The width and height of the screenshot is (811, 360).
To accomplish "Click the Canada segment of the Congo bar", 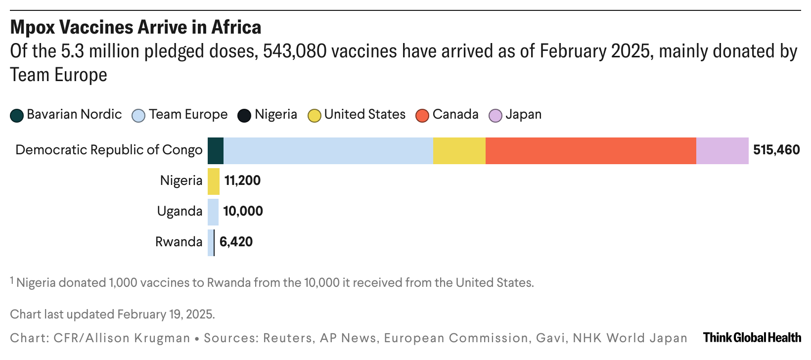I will (x=590, y=150).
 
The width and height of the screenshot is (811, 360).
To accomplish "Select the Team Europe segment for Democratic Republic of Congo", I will (x=328, y=150).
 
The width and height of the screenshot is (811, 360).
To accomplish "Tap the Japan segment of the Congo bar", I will (x=722, y=150).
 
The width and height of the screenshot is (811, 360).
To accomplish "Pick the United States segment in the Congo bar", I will (x=459, y=150).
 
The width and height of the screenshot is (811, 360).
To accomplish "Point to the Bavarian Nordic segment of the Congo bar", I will (x=216, y=150).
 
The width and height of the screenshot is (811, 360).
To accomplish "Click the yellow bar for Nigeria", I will (x=213, y=181).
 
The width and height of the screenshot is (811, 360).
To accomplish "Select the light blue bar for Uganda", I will (x=213, y=212).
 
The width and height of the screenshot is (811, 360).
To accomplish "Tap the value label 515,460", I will (x=776, y=150).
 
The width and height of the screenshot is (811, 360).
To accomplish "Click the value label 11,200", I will (x=242, y=180).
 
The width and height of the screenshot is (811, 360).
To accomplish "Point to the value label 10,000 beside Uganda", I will (x=243, y=211).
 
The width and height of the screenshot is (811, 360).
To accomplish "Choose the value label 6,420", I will (x=236, y=242).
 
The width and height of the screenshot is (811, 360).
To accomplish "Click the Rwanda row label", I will (x=179, y=242).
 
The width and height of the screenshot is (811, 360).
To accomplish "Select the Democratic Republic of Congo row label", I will (x=109, y=150).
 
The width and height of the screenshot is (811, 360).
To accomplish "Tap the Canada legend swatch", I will (x=423, y=115).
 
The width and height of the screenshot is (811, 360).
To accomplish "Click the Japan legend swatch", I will (x=496, y=115).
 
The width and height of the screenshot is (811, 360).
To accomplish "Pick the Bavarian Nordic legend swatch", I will (x=17, y=115).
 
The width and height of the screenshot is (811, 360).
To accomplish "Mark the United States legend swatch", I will (x=315, y=115).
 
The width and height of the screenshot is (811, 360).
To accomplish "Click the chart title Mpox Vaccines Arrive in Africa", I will (x=135, y=27).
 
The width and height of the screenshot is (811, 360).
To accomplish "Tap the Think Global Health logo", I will (x=752, y=338).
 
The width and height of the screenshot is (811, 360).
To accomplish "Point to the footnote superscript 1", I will (x=12, y=280).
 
